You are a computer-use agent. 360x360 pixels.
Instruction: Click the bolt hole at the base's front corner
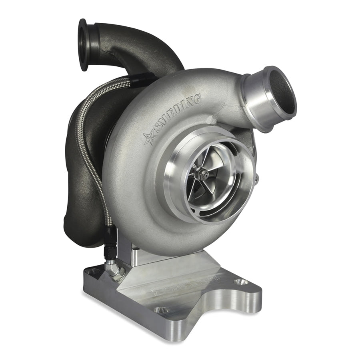[162, 310]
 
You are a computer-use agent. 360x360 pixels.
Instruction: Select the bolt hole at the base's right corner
[240, 282]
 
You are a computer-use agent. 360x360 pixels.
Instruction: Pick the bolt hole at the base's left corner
[93, 272]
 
